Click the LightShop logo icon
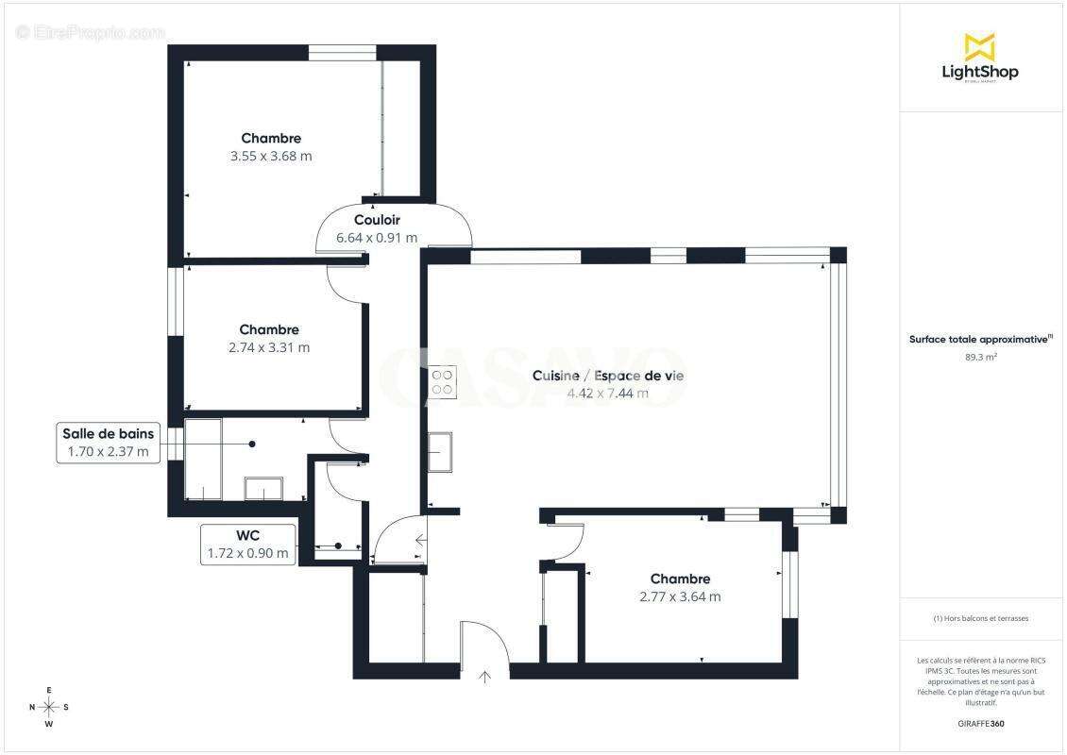(x=979, y=46)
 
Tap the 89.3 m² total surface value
(x=981, y=358)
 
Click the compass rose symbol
(x=49, y=707)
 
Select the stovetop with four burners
(x=442, y=381)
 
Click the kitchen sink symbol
(x=440, y=451)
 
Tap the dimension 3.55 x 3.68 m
(x=271, y=156)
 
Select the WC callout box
(x=248, y=545)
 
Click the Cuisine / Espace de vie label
(x=608, y=376)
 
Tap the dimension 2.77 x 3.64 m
(x=680, y=596)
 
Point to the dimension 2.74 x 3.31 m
(x=269, y=347)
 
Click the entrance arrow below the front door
(x=486, y=676)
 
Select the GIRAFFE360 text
(x=981, y=722)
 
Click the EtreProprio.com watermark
(x=90, y=32)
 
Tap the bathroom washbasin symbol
(x=263, y=488)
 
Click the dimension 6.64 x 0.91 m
(x=377, y=238)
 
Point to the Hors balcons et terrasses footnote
(x=981, y=618)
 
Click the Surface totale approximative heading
(x=981, y=339)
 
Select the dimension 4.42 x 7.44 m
(x=608, y=394)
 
